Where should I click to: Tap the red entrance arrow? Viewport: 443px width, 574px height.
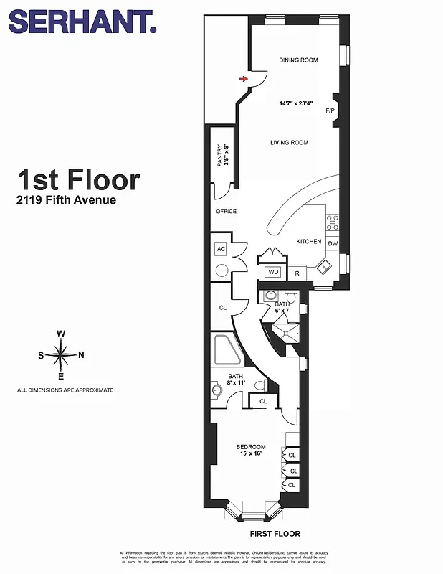click(x=244, y=79)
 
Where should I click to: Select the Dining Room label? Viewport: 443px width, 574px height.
click(x=298, y=60)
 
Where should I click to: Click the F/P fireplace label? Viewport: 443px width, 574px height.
click(x=330, y=111)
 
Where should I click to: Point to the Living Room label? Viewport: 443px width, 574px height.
click(x=289, y=143)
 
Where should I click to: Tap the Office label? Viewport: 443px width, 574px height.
click(x=226, y=212)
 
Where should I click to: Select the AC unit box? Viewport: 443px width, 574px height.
click(x=221, y=249)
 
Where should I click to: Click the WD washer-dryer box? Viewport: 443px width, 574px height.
click(x=273, y=273)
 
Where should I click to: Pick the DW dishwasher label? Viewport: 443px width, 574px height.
click(x=333, y=244)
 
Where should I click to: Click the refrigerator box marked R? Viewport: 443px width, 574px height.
click(x=296, y=273)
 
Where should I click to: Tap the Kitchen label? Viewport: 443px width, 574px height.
click(x=309, y=242)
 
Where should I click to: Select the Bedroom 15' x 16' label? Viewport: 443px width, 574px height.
click(x=251, y=451)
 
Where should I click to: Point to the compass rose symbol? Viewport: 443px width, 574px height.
click(x=62, y=354)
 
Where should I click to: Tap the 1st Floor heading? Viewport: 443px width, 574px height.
click(x=79, y=179)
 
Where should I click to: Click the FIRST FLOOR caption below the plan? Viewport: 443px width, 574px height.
click(x=275, y=534)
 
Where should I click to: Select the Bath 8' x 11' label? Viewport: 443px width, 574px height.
click(x=236, y=380)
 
